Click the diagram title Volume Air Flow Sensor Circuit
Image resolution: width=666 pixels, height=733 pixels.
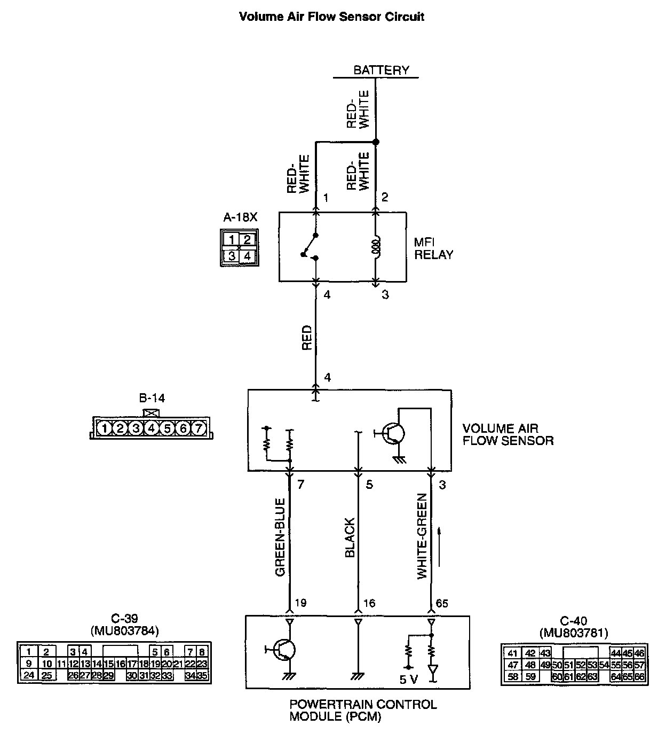pyautogui.click(x=331, y=17)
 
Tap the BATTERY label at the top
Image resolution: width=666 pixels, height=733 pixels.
pyautogui.click(x=381, y=70)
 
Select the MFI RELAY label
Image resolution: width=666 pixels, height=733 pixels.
pyautogui.click(x=433, y=248)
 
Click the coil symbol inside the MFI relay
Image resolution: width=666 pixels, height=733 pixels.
pyautogui.click(x=375, y=246)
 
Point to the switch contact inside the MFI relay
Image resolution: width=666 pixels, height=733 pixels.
pyautogui.click(x=310, y=247)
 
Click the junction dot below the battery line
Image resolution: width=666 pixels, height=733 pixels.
pyautogui.click(x=375, y=142)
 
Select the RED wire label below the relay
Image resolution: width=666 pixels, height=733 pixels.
pyautogui.click(x=307, y=338)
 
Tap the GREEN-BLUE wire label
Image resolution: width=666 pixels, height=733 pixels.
pyautogui.click(x=281, y=537)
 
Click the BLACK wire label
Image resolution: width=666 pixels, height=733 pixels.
pyautogui.click(x=350, y=537)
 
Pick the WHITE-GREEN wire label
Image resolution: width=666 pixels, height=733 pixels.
pyautogui.click(x=422, y=536)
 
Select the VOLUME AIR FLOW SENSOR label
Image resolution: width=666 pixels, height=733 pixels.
pyautogui.click(x=508, y=434)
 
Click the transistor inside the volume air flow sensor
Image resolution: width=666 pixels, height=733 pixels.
pyautogui.click(x=394, y=434)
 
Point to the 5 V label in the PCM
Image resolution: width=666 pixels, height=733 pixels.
pyautogui.click(x=409, y=680)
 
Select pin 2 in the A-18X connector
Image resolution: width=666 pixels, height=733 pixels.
pyautogui.click(x=247, y=240)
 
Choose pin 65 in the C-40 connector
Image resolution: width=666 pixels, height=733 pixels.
pyautogui.click(x=628, y=676)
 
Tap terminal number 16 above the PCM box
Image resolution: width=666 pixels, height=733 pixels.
pyautogui.click(x=369, y=603)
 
